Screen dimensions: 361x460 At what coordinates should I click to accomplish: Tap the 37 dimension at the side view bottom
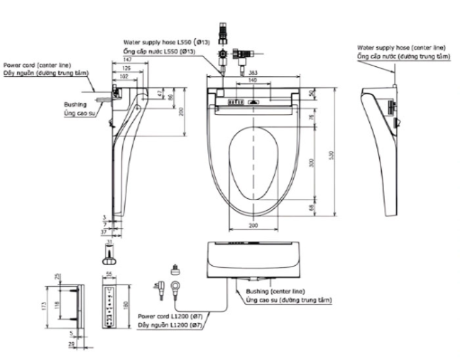point(104,232)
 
